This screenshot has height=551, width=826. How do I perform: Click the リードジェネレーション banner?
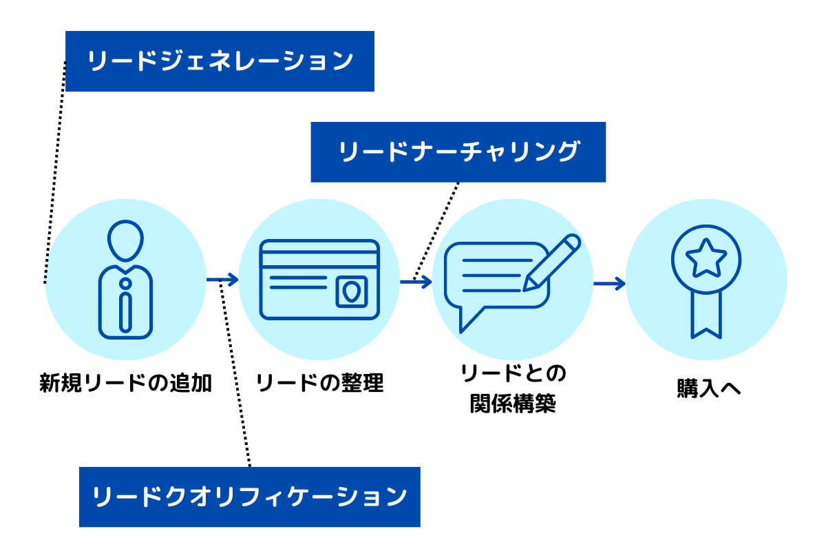pyautogui.click(x=220, y=61)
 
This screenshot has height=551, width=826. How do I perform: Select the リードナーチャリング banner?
pyautogui.click(x=458, y=152)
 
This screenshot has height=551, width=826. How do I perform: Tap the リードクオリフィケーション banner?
pyautogui.click(x=250, y=497)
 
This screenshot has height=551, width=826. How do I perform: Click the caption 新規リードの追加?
pyautogui.click(x=125, y=383)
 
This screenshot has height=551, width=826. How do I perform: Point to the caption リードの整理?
pyautogui.click(x=319, y=383)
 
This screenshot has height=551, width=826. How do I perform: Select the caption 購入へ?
pyautogui.click(x=709, y=388)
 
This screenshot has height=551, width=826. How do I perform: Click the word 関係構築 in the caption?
pyautogui.click(x=513, y=404)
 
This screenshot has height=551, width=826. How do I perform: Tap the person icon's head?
pyautogui.click(x=125, y=240)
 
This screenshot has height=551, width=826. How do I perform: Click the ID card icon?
pyautogui.click(x=319, y=280)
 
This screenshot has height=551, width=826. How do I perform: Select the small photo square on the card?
pyautogui.click(x=352, y=291)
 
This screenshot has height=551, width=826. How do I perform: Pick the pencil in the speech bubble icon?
pyautogui.click(x=551, y=262)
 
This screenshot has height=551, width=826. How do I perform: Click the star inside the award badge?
pyautogui.click(x=706, y=258)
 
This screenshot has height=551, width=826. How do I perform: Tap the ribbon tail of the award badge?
pyautogui.click(x=706, y=315)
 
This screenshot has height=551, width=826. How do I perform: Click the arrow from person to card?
pyautogui.click(x=222, y=280)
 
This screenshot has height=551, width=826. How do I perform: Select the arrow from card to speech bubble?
pyautogui.click(x=416, y=282)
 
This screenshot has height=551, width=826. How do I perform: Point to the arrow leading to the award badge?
pyautogui.click(x=610, y=284)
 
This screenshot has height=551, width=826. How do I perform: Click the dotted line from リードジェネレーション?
pyautogui.click(x=55, y=172)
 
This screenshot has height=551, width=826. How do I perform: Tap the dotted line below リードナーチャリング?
pyautogui.click(x=436, y=231)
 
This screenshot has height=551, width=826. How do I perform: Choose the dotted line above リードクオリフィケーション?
pyautogui.click(x=235, y=373)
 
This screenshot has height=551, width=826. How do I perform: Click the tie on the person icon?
pyautogui.click(x=126, y=306)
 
